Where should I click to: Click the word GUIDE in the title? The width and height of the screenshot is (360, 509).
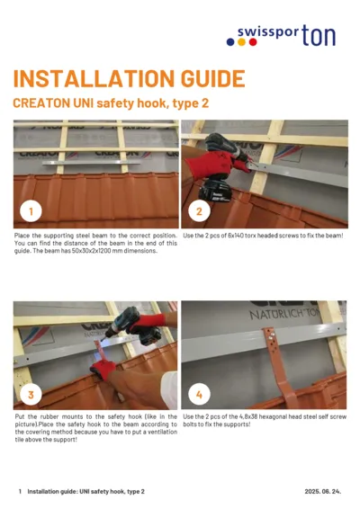click(x=207, y=79)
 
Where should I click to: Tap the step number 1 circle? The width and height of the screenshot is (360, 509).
click(x=31, y=211)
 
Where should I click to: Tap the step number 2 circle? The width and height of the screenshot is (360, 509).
click(x=199, y=211)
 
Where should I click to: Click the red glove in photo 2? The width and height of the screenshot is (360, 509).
click(x=219, y=156)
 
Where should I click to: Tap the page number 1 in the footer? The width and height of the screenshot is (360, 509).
click(x=20, y=491)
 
